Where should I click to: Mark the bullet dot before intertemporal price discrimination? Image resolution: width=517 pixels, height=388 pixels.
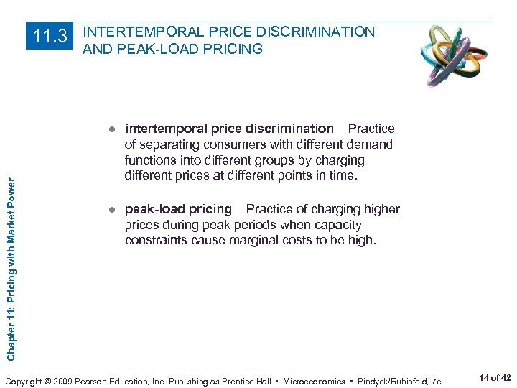click(x=112, y=129)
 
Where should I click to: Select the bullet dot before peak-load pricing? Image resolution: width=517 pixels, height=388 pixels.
click(x=112, y=210)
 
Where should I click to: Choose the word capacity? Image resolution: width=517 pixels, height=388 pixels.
click(x=337, y=225)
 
